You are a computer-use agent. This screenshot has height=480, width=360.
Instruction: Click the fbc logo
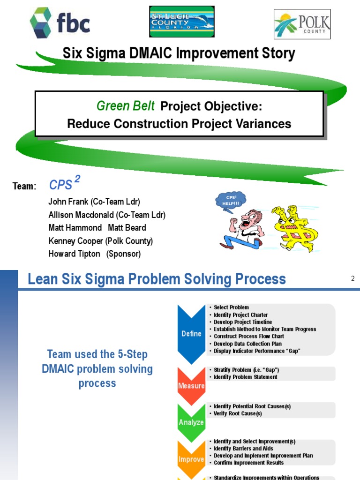[x=60, y=23]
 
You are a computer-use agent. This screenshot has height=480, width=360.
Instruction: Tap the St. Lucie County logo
[x=181, y=22]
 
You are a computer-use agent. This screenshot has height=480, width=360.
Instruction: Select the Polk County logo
[x=302, y=24]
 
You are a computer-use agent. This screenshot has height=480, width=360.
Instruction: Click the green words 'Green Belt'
[x=125, y=106]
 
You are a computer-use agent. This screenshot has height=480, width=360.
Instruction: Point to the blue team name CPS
[x=61, y=185]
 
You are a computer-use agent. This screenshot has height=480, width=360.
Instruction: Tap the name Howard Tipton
[x=74, y=254]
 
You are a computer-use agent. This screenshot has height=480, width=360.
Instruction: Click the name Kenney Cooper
[x=75, y=241]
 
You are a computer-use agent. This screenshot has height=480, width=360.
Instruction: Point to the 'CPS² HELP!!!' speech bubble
[x=230, y=201]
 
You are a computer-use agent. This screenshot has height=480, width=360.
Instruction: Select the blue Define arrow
[x=191, y=333]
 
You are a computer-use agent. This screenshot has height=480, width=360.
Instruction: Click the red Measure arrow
[x=191, y=385]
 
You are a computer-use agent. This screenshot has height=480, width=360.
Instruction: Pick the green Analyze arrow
[x=191, y=421]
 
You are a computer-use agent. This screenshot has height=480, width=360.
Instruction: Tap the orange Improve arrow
[x=191, y=459]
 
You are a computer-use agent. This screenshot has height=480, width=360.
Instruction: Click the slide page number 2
[x=353, y=279]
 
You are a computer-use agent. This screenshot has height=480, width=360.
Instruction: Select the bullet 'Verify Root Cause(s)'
[x=238, y=413]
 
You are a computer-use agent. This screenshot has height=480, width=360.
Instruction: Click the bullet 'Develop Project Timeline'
[x=243, y=322]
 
